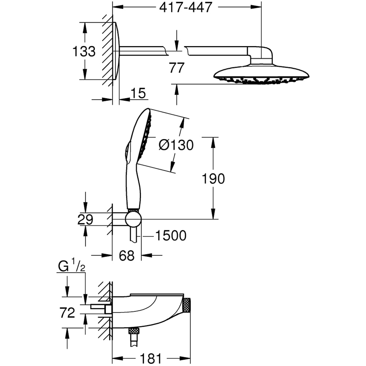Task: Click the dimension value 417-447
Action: coord(186,7)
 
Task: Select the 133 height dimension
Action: coord(83,51)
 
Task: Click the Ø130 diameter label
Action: coord(176,145)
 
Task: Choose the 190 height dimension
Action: coord(213,179)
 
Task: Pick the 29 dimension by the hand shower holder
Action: coord(85,220)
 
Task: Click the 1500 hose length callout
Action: coord(171,236)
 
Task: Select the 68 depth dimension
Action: coord(127,255)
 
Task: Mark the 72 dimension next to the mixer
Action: coord(67,313)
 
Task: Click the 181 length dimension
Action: coord(151,359)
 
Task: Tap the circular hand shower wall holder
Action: coord(133,219)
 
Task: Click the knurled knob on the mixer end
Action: coord(187,305)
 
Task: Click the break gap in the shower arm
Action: coord(176,51)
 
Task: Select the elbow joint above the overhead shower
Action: coord(261,54)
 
